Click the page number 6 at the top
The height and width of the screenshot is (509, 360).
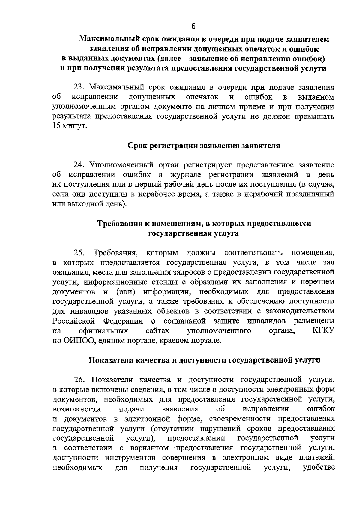click(193, 26)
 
